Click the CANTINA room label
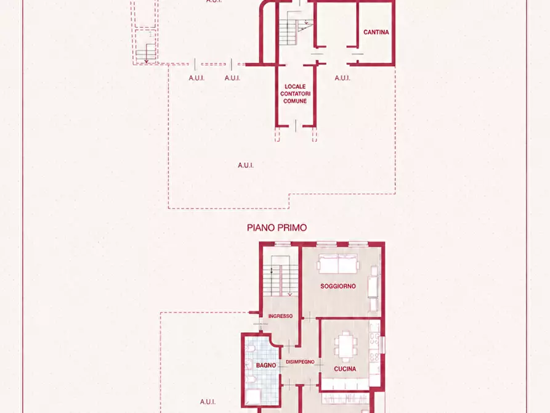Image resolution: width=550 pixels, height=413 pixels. point(376,32)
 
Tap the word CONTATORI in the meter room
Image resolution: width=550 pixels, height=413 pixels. point(295,94)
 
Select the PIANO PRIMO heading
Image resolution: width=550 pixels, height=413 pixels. point(277,227)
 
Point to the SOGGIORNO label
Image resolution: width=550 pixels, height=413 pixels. point(338,286)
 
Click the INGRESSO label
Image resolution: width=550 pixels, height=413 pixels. point(280,316)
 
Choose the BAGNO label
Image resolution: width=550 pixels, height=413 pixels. point(266,366)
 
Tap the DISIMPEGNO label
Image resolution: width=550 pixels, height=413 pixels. point(300,362)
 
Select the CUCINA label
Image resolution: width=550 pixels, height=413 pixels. point(345,369)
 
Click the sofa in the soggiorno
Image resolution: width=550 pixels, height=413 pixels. point(339,264)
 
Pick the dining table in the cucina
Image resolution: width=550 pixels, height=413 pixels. point(346,346)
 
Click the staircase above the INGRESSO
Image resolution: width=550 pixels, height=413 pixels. point(280,280)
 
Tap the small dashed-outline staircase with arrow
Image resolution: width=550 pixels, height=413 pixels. point(145,53)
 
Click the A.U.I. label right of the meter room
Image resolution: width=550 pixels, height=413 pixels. point(342,78)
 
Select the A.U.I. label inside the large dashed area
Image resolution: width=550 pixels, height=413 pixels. point(246,165)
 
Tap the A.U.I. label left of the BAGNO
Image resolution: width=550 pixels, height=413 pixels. point(208,402)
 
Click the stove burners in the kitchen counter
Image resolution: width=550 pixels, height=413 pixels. point(374,348)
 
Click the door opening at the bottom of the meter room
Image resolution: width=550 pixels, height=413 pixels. point(296,126)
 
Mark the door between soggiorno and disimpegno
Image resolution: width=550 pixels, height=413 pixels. point(309,317)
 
